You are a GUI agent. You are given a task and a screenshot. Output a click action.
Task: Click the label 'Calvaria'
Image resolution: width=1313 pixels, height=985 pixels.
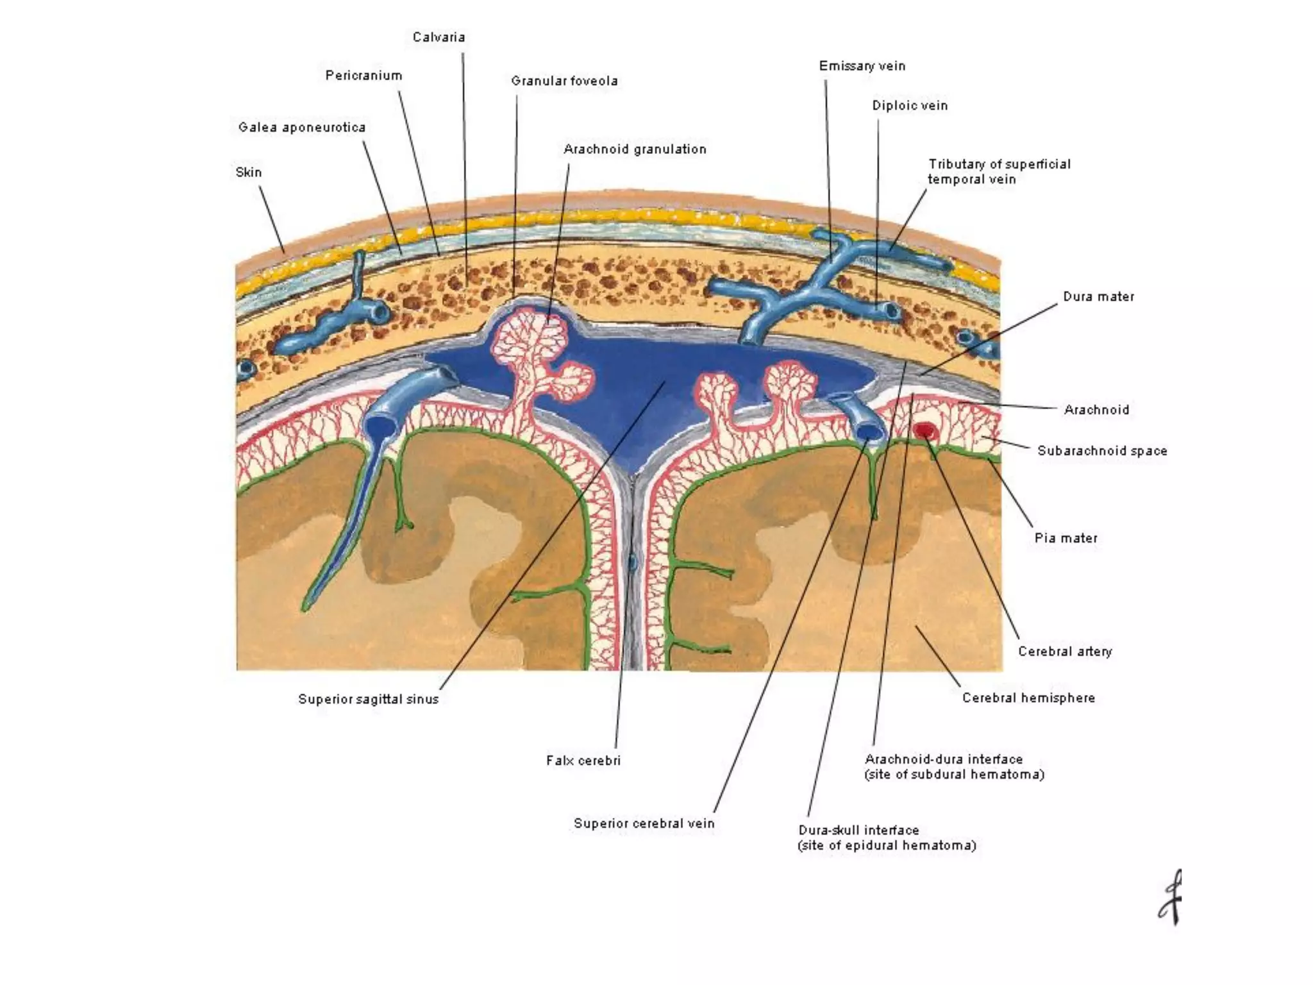coord(439,37)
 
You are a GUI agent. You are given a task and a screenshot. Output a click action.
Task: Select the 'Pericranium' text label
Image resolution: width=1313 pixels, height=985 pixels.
coord(364,76)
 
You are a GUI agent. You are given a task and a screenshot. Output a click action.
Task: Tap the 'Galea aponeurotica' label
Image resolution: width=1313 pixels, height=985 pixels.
coord(302,128)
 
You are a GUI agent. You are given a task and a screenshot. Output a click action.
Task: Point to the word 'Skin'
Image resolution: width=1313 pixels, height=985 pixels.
coord(249,173)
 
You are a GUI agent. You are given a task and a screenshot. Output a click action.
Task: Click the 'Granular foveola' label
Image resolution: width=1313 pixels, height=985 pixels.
coord(564,81)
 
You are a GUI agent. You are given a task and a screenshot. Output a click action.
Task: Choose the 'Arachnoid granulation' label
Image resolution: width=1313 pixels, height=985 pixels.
coord(635,149)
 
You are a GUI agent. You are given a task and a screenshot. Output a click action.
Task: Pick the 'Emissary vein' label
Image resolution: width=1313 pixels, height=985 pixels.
coord(862,66)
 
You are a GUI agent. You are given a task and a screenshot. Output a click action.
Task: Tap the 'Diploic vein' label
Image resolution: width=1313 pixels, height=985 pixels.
coord(909,106)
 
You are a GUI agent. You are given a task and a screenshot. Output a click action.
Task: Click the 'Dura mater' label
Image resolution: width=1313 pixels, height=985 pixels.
coord(1098,297)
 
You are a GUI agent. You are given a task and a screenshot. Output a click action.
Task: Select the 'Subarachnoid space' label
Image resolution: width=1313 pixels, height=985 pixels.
coord(1102,451)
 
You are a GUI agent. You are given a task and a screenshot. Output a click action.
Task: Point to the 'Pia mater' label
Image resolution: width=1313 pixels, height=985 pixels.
coord(1066,538)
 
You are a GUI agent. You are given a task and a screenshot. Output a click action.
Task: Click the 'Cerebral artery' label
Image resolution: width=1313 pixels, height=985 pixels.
coord(1065,652)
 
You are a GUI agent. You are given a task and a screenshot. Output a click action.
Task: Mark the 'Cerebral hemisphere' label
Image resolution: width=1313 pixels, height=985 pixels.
coord(1028,698)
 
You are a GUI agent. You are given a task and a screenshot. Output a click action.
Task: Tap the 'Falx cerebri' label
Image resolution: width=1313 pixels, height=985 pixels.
coord(583,761)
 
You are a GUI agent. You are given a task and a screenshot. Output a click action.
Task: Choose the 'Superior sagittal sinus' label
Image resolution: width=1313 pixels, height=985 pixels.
coord(368,699)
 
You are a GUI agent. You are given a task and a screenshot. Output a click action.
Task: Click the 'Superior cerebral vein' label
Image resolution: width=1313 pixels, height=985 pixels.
coord(644,823)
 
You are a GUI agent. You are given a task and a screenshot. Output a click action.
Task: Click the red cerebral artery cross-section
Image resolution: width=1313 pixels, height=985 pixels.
coord(924,430)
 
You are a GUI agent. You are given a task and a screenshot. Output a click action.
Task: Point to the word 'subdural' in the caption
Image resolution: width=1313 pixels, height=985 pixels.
coord(939,775)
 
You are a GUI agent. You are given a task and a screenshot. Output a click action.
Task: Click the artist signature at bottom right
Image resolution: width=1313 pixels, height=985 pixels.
coord(1170,898)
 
